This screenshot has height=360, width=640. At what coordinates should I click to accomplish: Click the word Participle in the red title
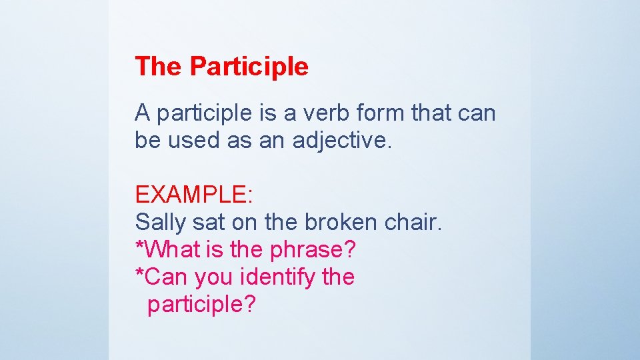tap(249, 67)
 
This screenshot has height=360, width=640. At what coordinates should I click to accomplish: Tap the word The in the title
tap(159, 67)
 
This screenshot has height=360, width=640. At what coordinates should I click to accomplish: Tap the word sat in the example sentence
tap(207, 222)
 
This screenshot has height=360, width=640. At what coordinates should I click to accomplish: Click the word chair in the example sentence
tap(413, 222)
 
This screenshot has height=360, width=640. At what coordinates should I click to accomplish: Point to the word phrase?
tap(313, 249)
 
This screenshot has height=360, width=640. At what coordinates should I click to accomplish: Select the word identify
tap(275, 277)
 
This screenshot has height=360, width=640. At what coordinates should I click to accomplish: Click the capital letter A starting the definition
tap(142, 113)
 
